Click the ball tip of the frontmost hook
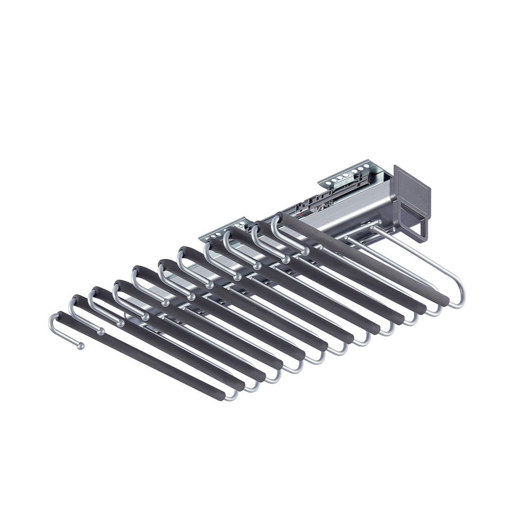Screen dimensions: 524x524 coord(81,346)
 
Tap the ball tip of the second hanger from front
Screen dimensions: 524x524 coord(101,331)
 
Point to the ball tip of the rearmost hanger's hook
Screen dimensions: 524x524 coord(305,252)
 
